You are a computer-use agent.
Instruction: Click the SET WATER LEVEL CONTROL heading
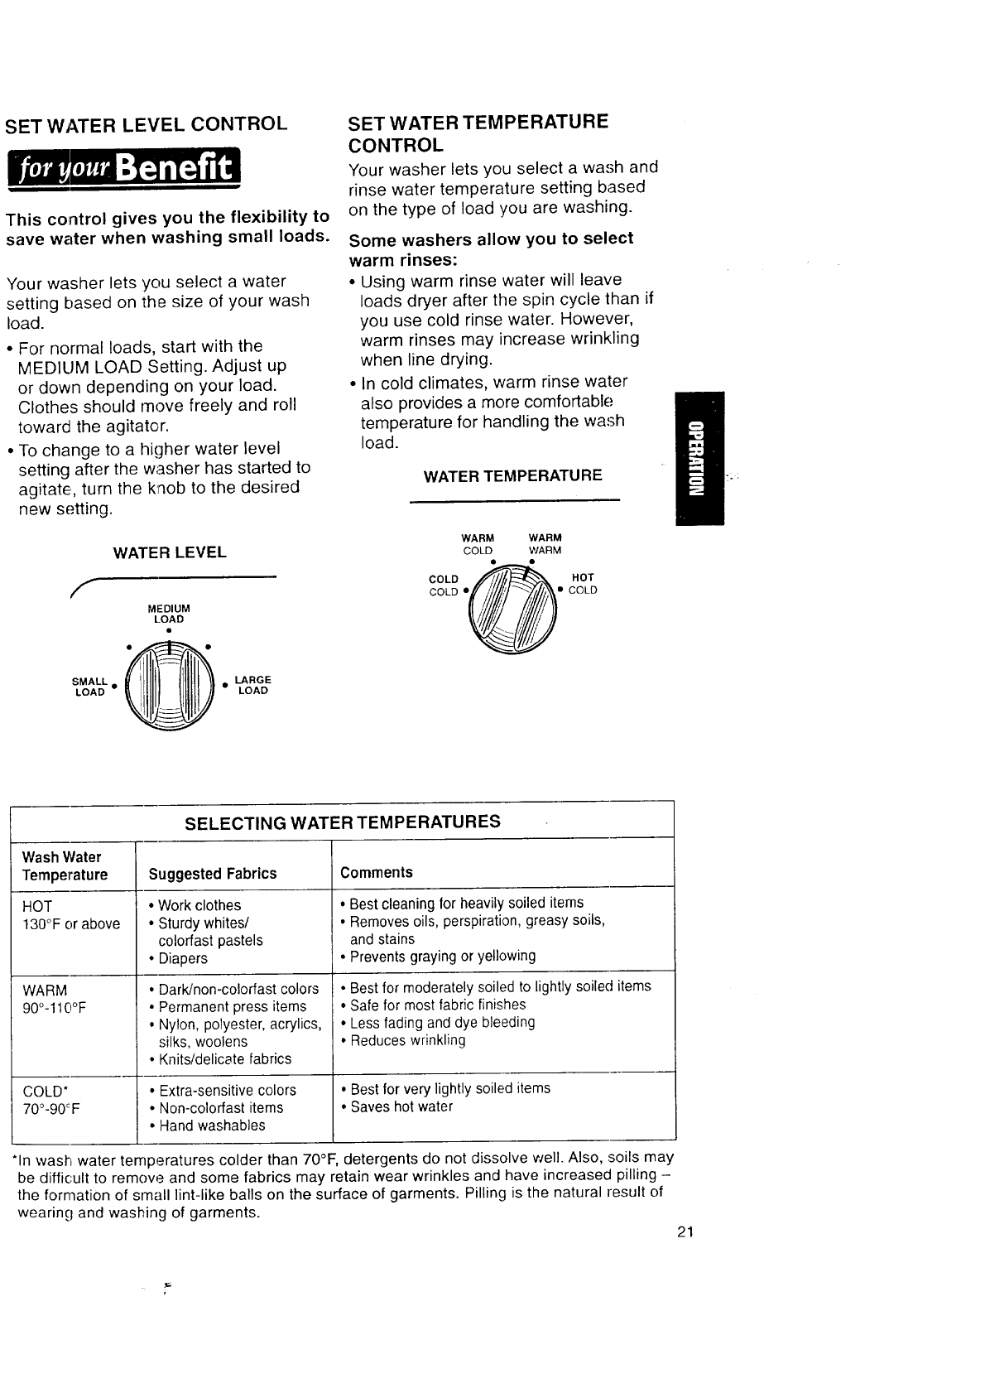coord(147,125)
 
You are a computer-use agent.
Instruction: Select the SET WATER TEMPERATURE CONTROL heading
coord(478,133)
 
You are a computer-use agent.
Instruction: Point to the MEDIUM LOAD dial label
coord(168,614)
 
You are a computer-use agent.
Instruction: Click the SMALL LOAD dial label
coord(91,687)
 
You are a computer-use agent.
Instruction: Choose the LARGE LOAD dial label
coord(252,686)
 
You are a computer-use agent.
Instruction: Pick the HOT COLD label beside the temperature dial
coord(582,584)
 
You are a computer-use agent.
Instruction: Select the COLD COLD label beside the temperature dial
coord(444,586)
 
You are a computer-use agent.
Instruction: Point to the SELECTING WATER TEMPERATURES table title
coord(343,822)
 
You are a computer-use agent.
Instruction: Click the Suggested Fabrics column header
coord(212,874)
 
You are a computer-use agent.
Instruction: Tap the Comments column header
coord(377,872)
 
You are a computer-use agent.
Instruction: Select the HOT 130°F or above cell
coord(71,915)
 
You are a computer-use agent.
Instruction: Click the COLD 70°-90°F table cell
coord(51,1099)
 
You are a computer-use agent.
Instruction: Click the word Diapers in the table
coord(183,958)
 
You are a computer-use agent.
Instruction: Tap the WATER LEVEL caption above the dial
coord(170,552)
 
